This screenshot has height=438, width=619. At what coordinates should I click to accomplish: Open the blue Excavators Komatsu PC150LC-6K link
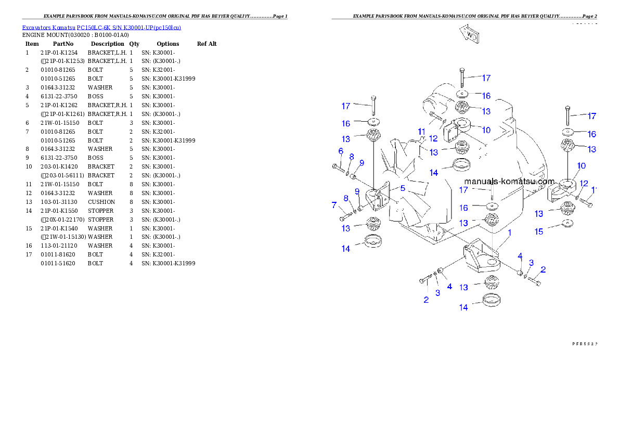click(x=101, y=28)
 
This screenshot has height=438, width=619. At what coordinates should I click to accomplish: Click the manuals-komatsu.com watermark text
click(x=509, y=182)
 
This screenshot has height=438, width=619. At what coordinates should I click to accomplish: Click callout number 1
click(x=510, y=233)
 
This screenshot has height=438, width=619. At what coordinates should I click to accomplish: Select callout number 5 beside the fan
click(x=403, y=188)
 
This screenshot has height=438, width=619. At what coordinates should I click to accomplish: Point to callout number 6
click(x=341, y=151)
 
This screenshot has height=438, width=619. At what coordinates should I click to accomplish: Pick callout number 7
click(x=334, y=205)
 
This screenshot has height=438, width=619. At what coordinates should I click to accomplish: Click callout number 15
click(x=539, y=231)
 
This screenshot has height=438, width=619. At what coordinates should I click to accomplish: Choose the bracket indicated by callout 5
click(x=378, y=199)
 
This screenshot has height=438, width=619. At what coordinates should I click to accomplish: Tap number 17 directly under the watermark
click(x=463, y=190)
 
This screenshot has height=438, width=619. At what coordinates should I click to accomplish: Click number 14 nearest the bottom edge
click(x=463, y=307)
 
